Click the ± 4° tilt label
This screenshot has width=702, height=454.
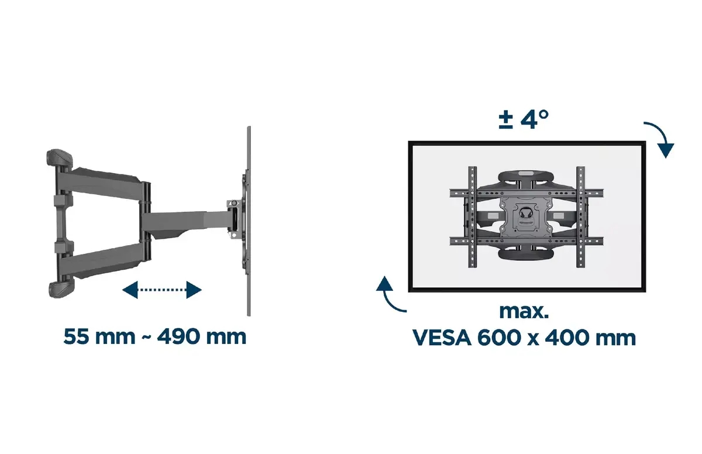point(524,119)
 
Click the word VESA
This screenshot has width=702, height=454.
point(442,338)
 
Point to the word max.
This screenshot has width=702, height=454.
point(524,311)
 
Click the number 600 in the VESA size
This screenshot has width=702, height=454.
point(499,338)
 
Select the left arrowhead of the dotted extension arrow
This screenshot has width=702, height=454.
point(130,290)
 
